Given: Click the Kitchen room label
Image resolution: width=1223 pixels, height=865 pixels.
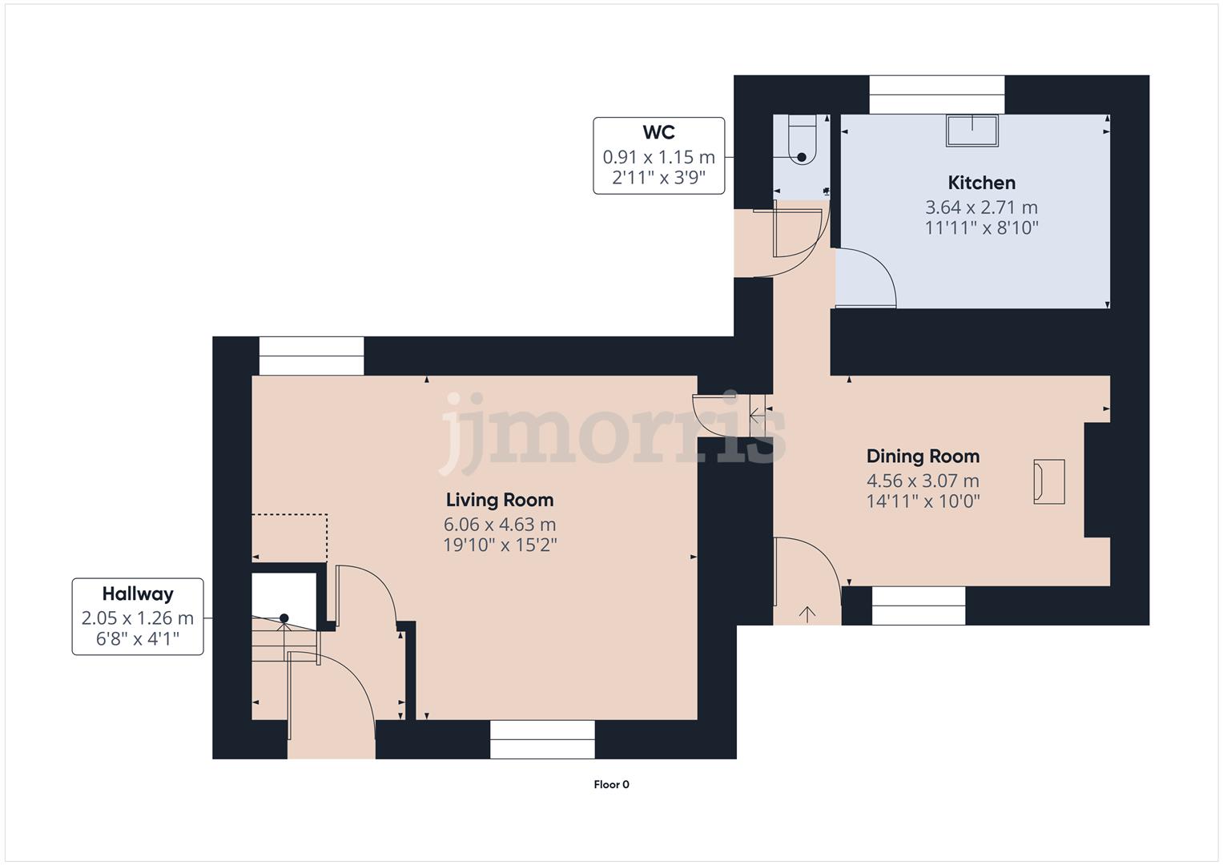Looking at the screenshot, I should coord(981,183).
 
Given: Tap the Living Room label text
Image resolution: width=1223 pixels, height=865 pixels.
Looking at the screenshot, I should coord(499,500).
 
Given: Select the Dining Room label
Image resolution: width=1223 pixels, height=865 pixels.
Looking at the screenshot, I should coord(923,457).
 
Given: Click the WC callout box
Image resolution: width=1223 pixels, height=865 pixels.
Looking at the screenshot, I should coord(658,155).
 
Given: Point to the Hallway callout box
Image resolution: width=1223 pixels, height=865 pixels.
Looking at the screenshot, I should coord(138,616).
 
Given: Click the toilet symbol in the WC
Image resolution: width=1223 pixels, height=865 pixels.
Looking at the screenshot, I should coord(802,140).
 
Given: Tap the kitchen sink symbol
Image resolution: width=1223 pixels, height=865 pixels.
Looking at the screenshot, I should coord(972,131).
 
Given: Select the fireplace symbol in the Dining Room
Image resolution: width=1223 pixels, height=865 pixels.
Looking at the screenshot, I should coord(1049,481).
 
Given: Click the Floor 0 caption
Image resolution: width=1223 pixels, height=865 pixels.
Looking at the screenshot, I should coord(611,785).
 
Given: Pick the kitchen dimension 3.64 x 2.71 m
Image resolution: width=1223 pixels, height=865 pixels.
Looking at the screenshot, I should coord(981,207).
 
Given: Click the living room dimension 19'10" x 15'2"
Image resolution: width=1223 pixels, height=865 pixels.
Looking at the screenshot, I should coord(499,545).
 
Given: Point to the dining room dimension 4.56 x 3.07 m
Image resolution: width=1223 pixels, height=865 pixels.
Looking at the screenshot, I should coord(923,481).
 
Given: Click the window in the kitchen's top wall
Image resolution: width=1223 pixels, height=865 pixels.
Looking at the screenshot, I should coord(936,95).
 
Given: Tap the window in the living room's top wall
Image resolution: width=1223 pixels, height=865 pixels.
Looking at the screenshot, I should coord(312,356).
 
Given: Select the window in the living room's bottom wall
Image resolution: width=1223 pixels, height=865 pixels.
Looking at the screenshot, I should coord(542,738).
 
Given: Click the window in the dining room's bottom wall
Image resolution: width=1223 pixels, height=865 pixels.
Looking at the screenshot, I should coord(919,605).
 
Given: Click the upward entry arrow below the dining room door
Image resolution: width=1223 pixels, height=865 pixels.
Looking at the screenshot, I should coord(807,614).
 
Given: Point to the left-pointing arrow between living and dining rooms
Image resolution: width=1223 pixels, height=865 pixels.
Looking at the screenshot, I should coord(757,415).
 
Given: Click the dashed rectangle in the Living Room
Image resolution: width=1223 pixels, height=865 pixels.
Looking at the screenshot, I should coord(289,537).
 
